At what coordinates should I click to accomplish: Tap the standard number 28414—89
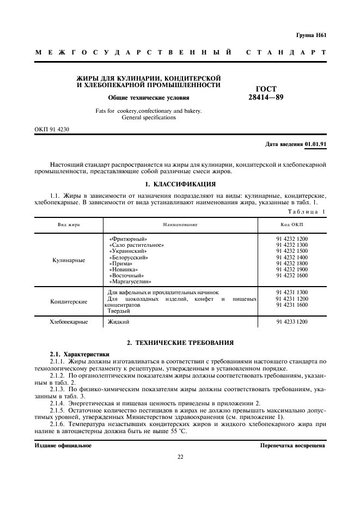pyautogui.click(x=266, y=98)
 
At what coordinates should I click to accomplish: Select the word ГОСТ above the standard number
pyautogui.click(x=266, y=89)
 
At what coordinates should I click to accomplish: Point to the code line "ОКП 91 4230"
pyautogui.click(x=52, y=130)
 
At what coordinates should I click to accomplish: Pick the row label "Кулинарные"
pyautogui.click(x=69, y=260)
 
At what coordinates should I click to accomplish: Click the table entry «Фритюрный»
pyautogui.click(x=128, y=239)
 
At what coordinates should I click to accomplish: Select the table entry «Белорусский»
pyautogui.click(x=129, y=257)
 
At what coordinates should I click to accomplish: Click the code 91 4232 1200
pyautogui.click(x=292, y=239)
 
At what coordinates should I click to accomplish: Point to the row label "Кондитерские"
pyautogui.click(x=69, y=301)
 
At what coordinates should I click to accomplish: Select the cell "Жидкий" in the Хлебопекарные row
pyautogui.click(x=118, y=322)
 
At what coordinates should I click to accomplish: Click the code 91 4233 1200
pyautogui.click(x=292, y=322)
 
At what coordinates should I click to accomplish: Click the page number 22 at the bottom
pyautogui.click(x=180, y=457)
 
